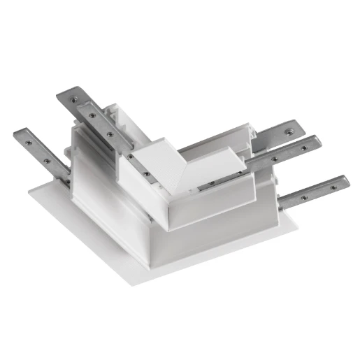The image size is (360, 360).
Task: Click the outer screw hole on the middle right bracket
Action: click(x=303, y=147)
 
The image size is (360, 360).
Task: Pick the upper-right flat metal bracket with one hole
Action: click(x=280, y=132)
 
